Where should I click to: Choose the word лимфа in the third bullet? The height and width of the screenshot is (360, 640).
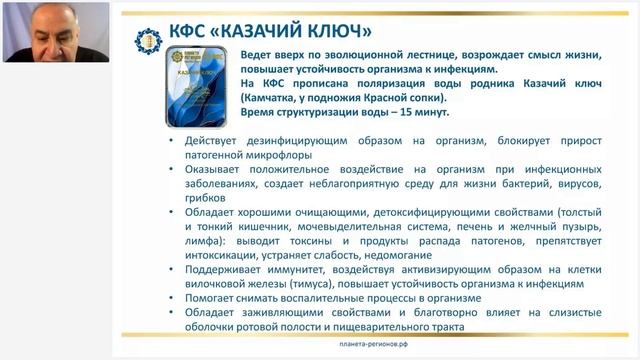[202, 241]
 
